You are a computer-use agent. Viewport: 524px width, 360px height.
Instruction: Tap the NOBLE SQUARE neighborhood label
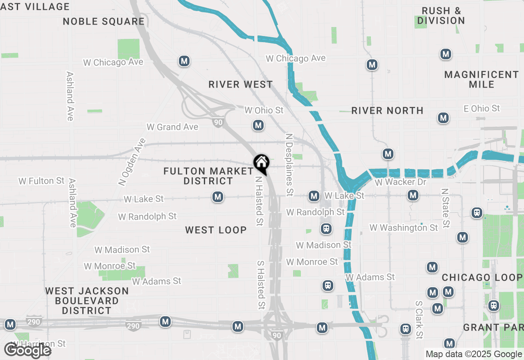click(104, 22)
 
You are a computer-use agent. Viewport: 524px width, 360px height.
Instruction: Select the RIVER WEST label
click(241, 85)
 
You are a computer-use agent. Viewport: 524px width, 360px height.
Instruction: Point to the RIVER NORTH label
click(387, 110)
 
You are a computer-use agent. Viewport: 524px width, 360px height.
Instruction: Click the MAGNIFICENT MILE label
click(481, 79)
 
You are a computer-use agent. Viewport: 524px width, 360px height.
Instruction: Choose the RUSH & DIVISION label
click(441, 16)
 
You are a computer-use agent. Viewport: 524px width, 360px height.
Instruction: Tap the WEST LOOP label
click(216, 230)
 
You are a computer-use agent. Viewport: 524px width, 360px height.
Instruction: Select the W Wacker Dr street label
click(400, 182)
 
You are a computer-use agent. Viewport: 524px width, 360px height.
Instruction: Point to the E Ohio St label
click(482, 108)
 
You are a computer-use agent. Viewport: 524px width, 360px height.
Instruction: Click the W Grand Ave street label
click(172, 127)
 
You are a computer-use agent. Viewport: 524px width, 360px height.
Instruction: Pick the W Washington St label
click(404, 227)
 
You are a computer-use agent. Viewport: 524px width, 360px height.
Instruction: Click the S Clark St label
click(418, 320)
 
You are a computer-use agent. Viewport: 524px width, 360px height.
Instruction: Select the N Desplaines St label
click(289, 164)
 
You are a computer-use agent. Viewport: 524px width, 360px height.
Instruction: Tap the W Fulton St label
click(42, 181)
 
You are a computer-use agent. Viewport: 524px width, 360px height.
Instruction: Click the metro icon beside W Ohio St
click(258, 125)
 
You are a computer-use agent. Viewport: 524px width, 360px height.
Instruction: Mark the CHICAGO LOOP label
click(482, 278)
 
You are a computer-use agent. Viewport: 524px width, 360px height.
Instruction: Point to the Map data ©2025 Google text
click(474, 354)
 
